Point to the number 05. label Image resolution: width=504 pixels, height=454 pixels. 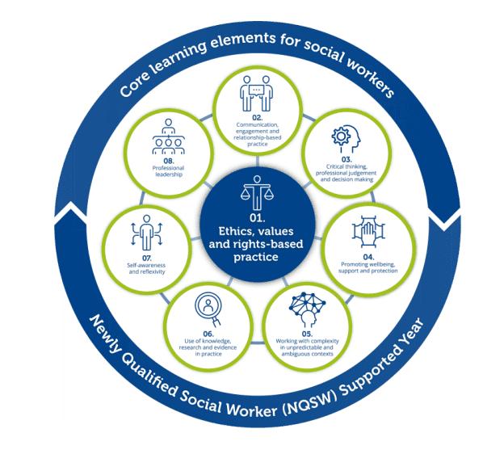pos(311,332)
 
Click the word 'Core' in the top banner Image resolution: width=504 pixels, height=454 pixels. pos(136,82)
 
